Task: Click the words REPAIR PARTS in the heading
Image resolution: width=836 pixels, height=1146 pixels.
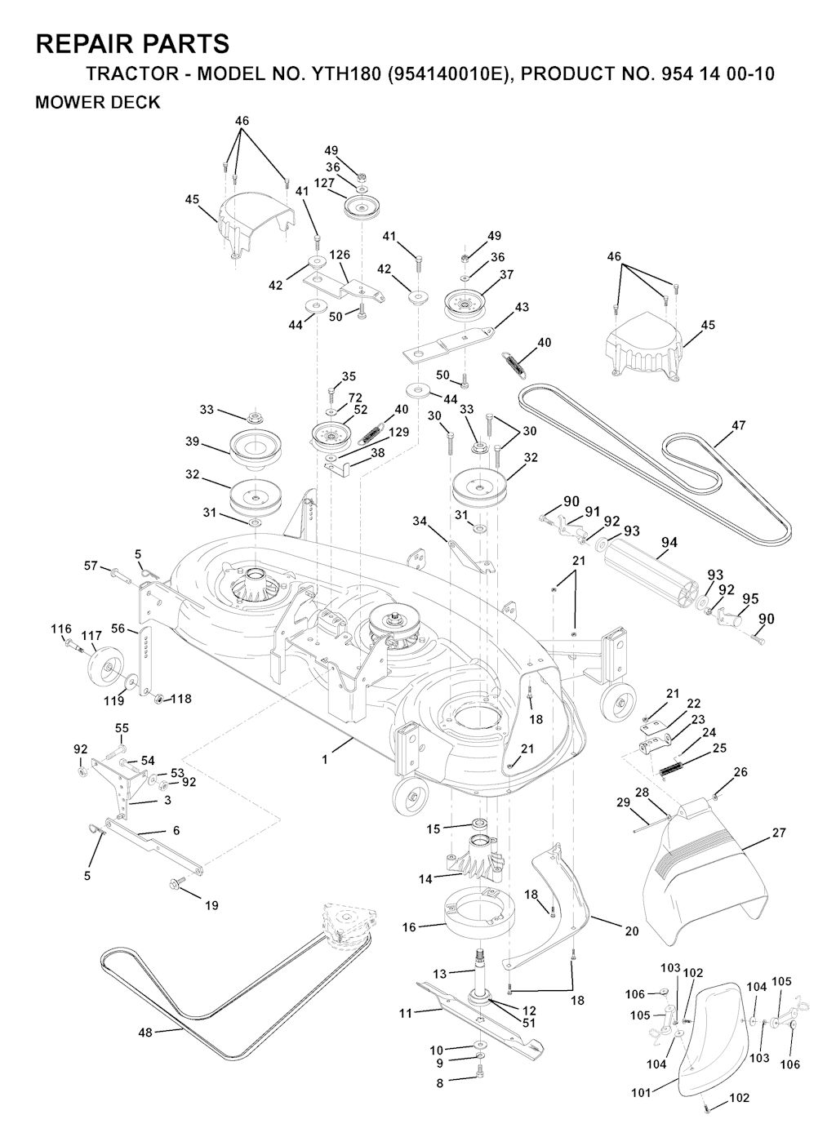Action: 132,43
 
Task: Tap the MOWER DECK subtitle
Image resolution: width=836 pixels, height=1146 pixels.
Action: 98,103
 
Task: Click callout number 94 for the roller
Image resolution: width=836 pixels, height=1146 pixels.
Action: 669,543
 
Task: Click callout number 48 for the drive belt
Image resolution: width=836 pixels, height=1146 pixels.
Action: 145,1033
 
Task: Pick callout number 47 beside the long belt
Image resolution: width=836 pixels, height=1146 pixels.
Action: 738,425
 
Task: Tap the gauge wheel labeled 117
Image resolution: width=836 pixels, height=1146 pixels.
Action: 100,665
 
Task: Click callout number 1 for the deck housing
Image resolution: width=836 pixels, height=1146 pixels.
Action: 324,759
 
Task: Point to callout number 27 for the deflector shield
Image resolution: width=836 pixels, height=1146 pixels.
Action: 779,833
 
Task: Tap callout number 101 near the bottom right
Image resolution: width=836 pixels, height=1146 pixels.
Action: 641,1092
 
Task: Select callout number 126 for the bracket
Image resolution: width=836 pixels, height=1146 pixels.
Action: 340,255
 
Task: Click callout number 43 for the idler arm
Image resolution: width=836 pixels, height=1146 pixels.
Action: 522,308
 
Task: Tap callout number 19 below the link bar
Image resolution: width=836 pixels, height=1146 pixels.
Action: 211,905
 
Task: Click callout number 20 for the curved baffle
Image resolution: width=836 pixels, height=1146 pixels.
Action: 632,931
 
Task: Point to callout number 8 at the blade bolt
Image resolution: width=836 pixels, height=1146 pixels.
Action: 440,1083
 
